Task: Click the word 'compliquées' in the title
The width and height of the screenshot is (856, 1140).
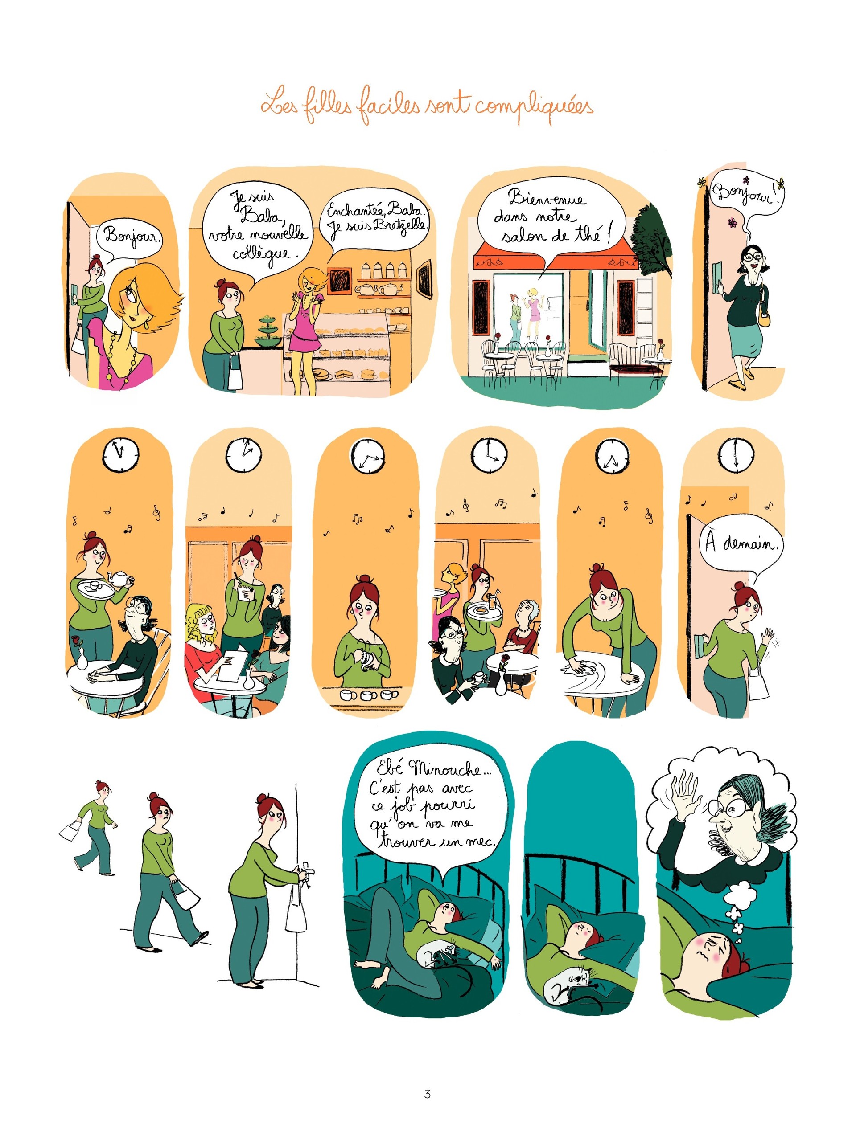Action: pos(534,107)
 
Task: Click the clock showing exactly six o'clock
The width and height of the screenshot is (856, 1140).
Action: pos(736,455)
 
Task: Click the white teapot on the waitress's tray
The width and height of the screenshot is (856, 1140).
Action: pos(120,578)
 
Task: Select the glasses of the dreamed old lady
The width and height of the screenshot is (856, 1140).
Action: pos(731,808)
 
